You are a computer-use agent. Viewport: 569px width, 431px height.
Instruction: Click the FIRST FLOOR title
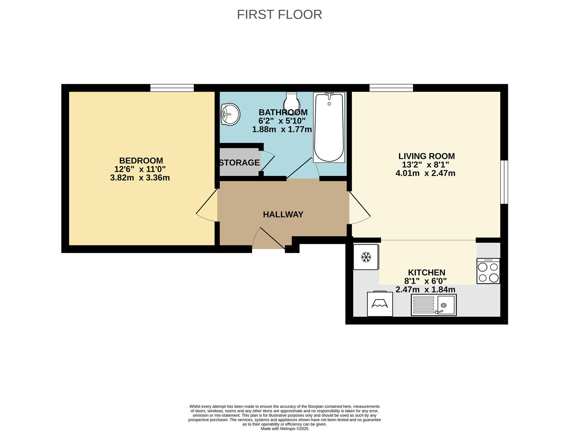coord(279,14)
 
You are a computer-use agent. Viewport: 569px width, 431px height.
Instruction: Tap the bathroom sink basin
coord(231,114)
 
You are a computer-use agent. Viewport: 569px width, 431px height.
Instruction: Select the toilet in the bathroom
coord(292,102)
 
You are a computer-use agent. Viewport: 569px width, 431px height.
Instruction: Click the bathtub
coord(329,127)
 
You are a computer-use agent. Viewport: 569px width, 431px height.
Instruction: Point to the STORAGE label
coord(239,162)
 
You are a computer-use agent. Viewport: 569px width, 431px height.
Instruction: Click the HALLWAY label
coord(283,214)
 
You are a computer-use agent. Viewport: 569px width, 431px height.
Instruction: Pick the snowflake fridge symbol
coord(366,257)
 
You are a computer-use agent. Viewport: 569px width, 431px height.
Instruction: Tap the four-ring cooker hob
coord(488,271)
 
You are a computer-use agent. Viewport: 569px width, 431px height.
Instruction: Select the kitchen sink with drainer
coord(434,304)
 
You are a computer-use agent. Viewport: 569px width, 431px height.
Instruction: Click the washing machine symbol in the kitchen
coord(380,303)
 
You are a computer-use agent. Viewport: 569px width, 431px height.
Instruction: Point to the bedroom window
coord(172,88)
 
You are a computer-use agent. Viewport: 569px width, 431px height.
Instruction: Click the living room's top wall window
coord(391,88)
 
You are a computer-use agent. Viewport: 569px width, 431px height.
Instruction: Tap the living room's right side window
coord(504,182)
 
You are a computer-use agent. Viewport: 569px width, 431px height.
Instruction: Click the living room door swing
coord(360,208)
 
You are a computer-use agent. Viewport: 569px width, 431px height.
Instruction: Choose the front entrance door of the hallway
coord(269,238)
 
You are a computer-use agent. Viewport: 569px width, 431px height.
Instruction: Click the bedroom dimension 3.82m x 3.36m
coord(140,178)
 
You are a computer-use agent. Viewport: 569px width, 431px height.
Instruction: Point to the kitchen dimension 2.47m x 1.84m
coord(425,289)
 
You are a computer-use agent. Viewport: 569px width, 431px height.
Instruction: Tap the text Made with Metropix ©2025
coord(284,429)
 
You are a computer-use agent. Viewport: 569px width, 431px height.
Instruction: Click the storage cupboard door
coord(268,161)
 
